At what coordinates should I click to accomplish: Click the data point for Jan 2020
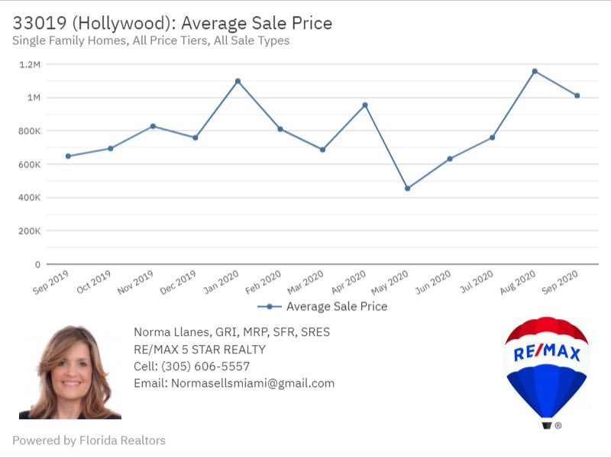pos(238,81)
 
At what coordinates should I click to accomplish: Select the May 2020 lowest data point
pos(407,188)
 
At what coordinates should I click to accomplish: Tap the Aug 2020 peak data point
pos(535,71)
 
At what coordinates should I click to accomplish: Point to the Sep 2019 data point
pos(68,156)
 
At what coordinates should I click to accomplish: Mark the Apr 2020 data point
pos(365,105)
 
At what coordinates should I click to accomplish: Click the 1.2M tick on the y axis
pos(30,64)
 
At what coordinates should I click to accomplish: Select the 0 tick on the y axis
pos(37,264)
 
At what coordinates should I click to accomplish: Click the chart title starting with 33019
pos(172,22)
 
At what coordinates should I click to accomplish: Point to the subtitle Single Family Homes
pos(151,40)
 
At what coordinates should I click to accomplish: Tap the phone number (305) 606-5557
pos(192,366)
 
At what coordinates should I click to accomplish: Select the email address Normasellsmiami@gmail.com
pos(234,383)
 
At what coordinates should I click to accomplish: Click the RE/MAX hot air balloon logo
pos(546,366)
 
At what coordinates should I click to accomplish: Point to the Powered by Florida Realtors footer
pos(89,440)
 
